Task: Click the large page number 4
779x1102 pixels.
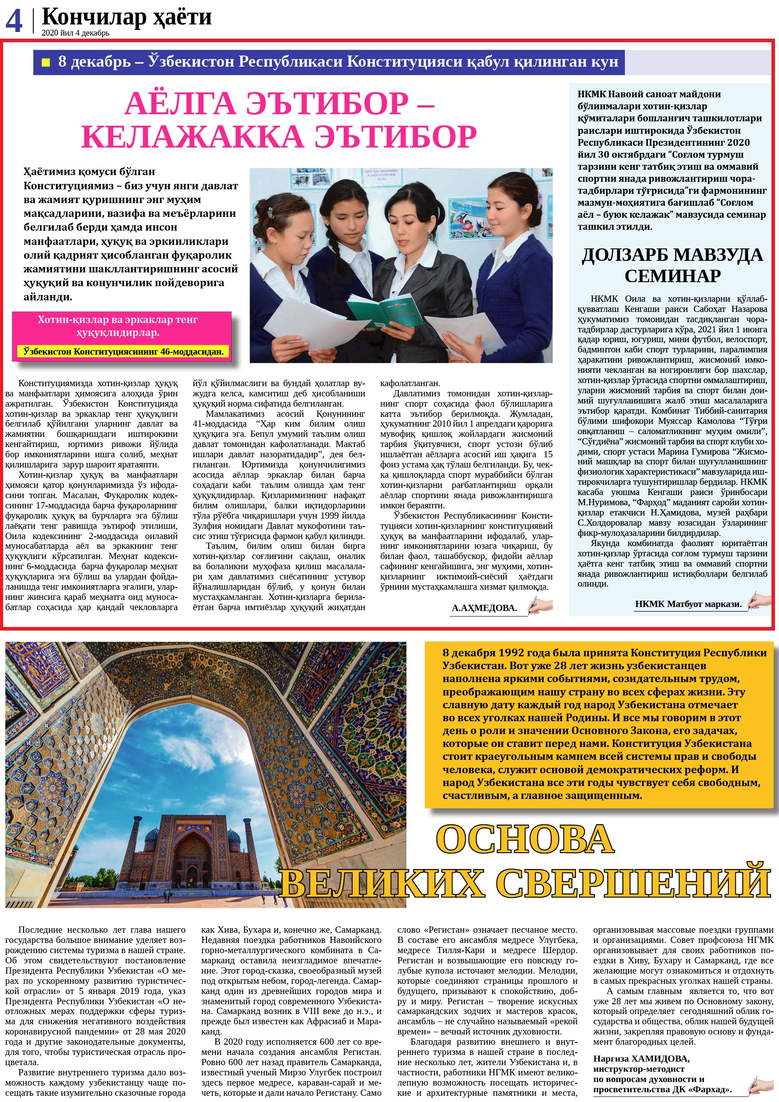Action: point(14,21)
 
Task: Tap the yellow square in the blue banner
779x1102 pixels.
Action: point(46,62)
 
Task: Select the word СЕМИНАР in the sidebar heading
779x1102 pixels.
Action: point(672,276)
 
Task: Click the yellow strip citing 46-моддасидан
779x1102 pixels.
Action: point(123,351)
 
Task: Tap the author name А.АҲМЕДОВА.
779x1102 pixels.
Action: point(484,608)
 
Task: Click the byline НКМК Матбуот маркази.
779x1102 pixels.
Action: point(688,604)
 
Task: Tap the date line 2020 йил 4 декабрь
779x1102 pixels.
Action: point(76,33)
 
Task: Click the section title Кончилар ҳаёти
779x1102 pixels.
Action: point(127,17)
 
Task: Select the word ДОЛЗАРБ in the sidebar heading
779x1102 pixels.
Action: point(624,255)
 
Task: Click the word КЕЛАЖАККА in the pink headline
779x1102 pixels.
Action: point(192,137)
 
